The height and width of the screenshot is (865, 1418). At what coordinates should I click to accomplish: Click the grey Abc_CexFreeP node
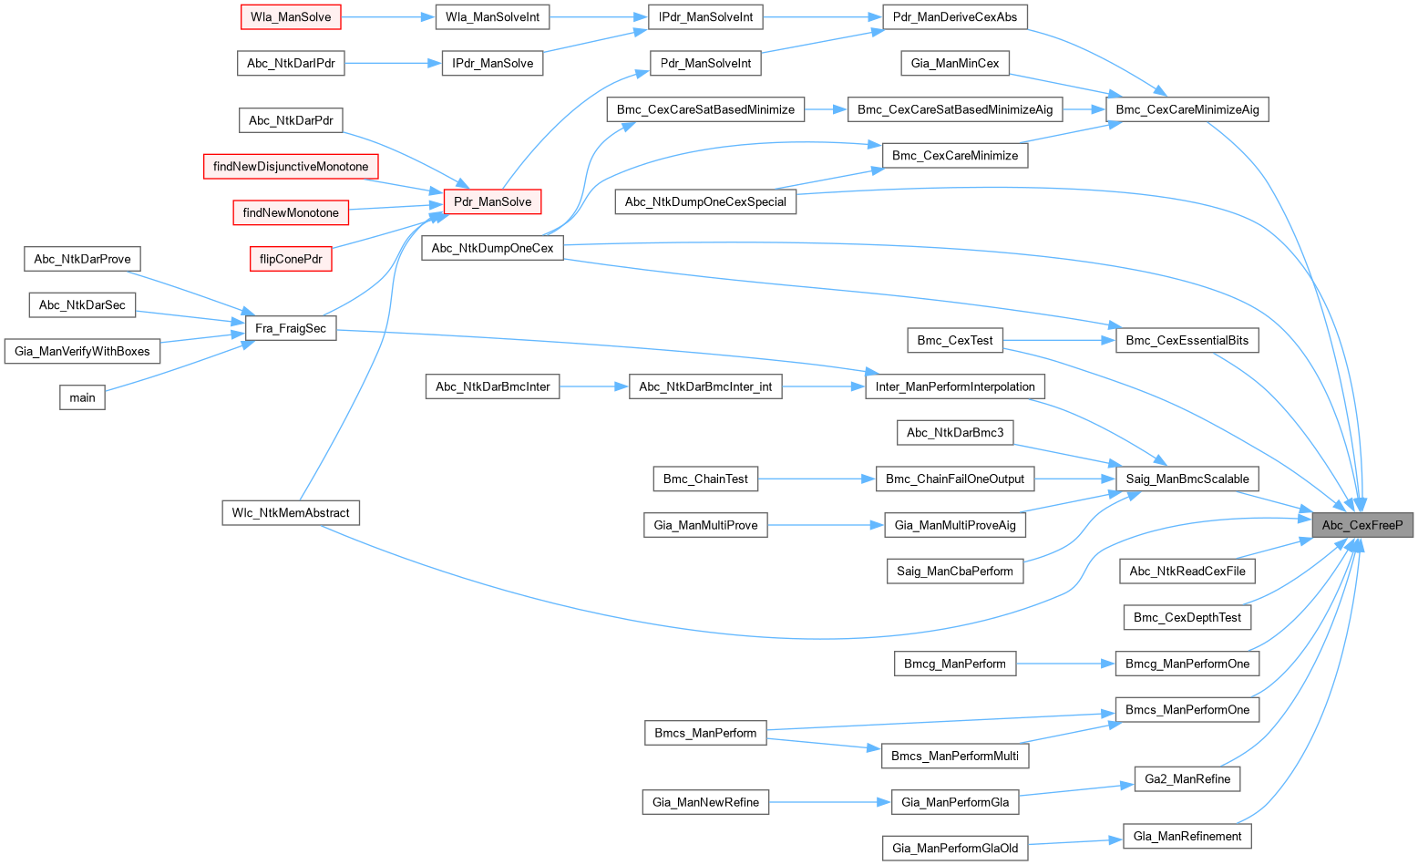[1361, 525]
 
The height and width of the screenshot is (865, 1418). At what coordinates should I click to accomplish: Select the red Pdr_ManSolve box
[492, 201]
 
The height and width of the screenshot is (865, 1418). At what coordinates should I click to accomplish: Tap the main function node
[82, 397]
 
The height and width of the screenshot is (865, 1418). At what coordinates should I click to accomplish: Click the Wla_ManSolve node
[291, 16]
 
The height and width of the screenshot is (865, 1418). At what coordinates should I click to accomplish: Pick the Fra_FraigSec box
[291, 328]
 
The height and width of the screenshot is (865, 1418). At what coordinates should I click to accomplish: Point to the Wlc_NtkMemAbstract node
[291, 513]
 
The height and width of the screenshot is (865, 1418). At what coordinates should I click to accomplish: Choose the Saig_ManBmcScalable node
[1187, 479]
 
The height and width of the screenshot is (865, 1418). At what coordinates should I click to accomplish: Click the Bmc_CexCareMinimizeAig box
[1187, 109]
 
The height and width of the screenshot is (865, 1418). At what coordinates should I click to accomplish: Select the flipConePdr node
[291, 259]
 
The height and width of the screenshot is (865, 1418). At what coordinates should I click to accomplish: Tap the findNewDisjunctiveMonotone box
[291, 167]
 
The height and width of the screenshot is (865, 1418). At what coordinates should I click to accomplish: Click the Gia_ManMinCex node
[955, 63]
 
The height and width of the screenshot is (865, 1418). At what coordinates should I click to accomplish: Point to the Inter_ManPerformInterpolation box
[955, 386]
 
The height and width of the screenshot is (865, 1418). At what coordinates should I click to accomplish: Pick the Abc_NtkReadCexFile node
[1187, 572]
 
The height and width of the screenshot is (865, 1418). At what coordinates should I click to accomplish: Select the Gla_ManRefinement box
[1187, 836]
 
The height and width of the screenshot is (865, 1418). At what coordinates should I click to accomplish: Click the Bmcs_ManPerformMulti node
[955, 756]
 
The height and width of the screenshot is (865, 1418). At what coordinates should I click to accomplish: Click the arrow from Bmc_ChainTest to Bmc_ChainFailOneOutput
[816, 479]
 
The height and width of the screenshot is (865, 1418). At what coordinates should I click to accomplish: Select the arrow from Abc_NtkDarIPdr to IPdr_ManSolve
[393, 63]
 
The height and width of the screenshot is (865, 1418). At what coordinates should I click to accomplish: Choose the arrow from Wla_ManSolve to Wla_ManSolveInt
[387, 16]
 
